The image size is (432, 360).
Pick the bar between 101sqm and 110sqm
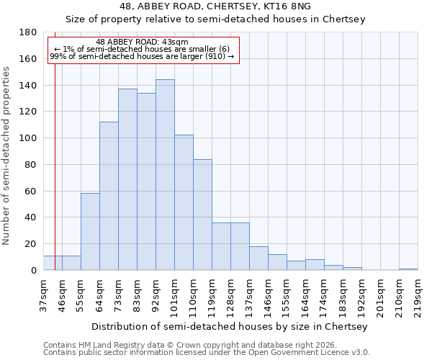tap(184, 202)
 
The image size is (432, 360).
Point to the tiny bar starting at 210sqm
tap(408, 269)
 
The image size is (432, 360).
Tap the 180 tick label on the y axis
tap(28, 32)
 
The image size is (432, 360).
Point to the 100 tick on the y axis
tap(28, 138)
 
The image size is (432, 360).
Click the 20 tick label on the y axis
tap(31, 244)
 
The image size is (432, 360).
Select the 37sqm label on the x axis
tap(43, 295)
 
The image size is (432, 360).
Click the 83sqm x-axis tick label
tap(137, 295)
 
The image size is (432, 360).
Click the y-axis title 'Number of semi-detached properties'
tap(7, 156)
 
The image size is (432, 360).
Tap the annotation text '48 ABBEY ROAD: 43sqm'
tap(142, 42)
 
